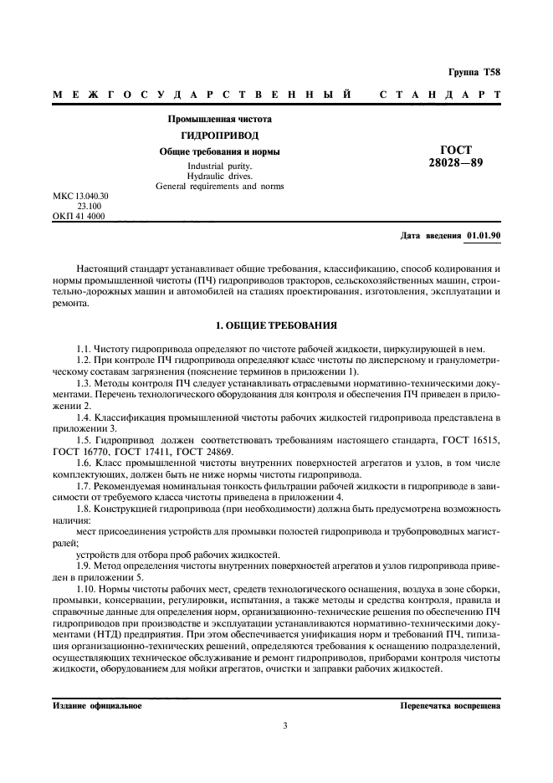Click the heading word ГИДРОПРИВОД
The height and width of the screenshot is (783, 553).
click(220, 136)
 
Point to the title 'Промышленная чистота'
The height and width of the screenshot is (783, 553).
click(220, 120)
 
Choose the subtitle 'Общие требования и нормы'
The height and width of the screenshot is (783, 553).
click(220, 151)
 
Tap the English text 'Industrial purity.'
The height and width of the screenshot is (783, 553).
click(220, 166)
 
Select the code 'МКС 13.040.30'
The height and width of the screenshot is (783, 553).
click(81, 196)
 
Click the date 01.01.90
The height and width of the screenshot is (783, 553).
click(484, 236)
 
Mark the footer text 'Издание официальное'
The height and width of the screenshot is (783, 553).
click(97, 705)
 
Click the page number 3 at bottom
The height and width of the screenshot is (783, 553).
click(284, 725)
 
